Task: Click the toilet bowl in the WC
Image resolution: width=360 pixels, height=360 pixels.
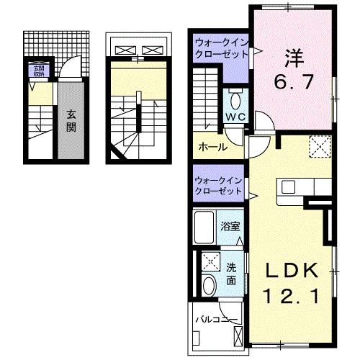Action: pos(235,98)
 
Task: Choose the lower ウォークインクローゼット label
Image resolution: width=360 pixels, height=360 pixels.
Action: pos(219,185)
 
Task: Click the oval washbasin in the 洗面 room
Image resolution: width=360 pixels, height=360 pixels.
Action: pos(209,285)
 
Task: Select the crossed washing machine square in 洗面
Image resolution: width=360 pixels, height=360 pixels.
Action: pos(210,261)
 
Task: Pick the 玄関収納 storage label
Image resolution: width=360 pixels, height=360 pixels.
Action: pos(36,70)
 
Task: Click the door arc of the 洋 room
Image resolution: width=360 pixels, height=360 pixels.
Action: pos(261,125)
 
